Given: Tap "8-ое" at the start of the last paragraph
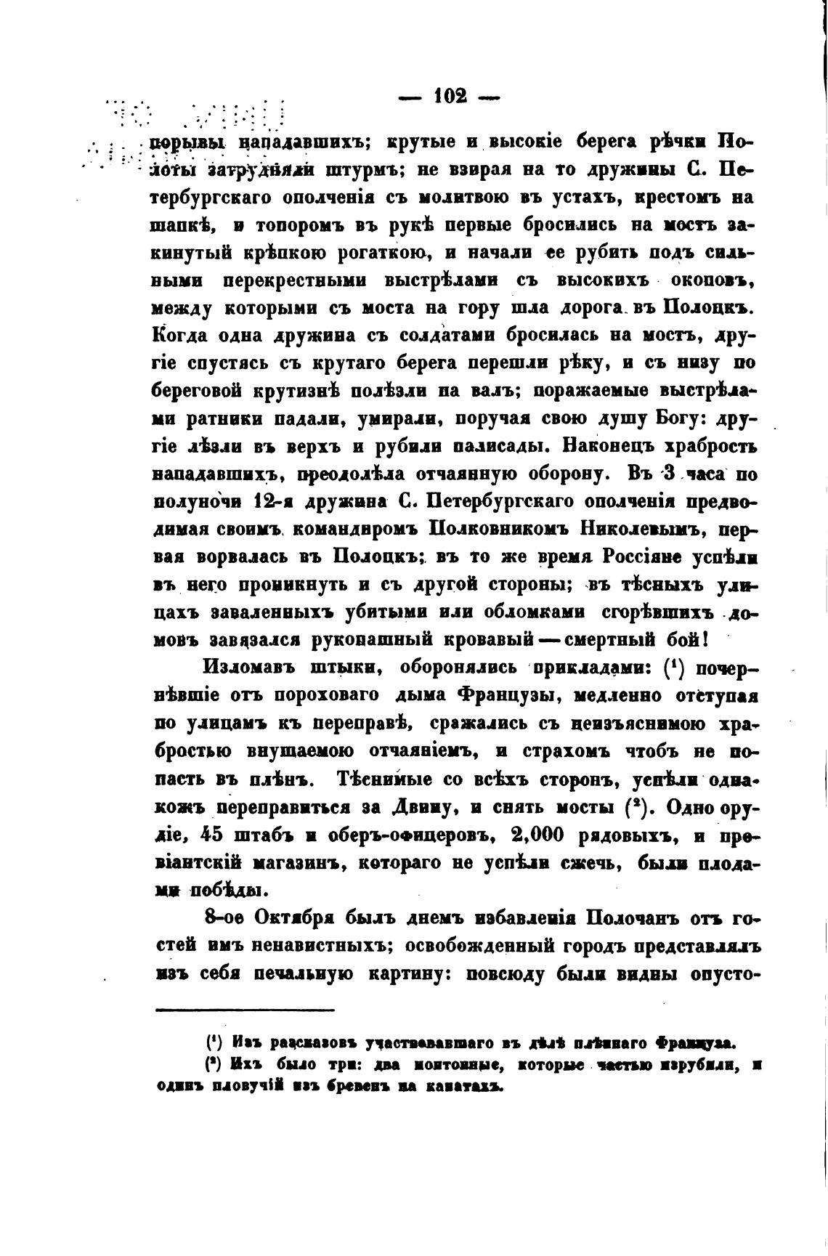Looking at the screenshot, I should (224, 918).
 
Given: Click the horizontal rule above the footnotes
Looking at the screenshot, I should (244, 1010).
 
